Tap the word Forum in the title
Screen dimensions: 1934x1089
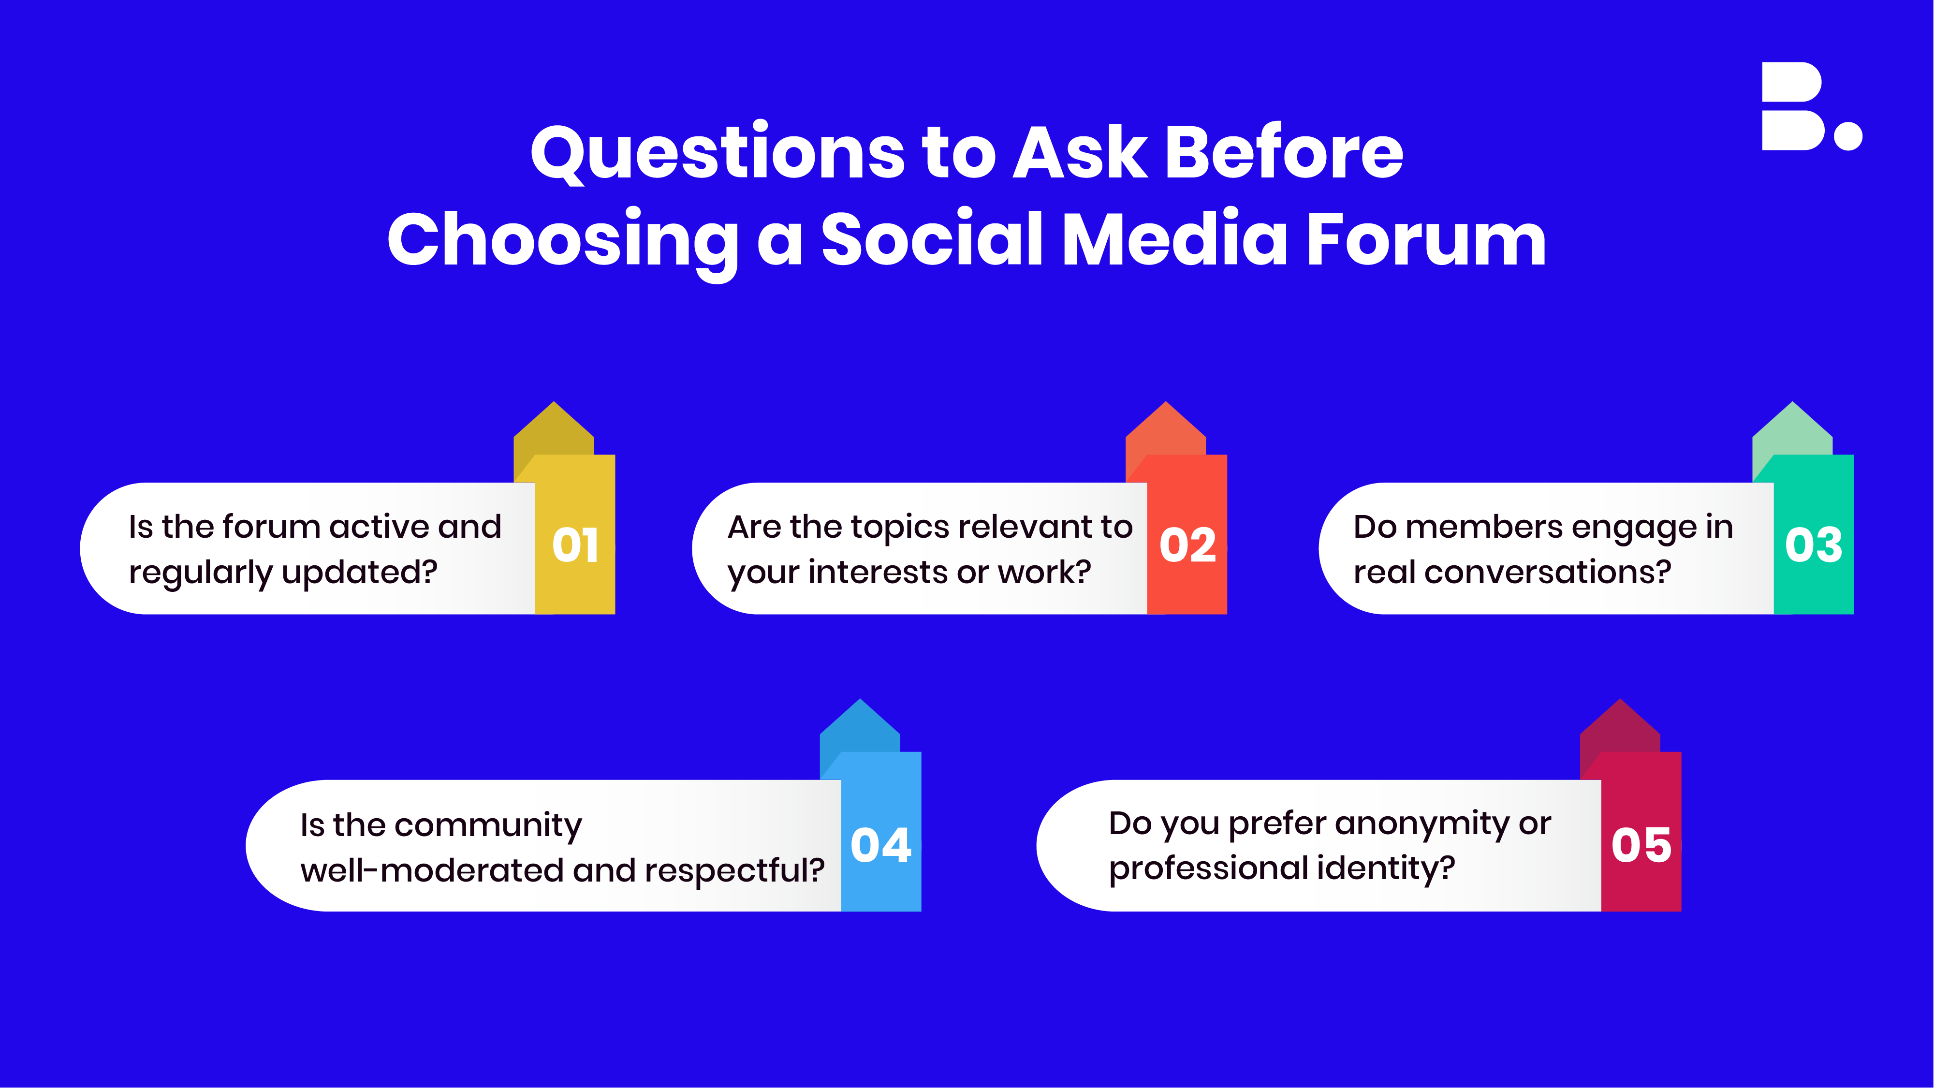point(1426,239)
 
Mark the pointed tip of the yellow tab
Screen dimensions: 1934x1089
point(554,402)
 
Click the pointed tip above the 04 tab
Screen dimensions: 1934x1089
point(861,699)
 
